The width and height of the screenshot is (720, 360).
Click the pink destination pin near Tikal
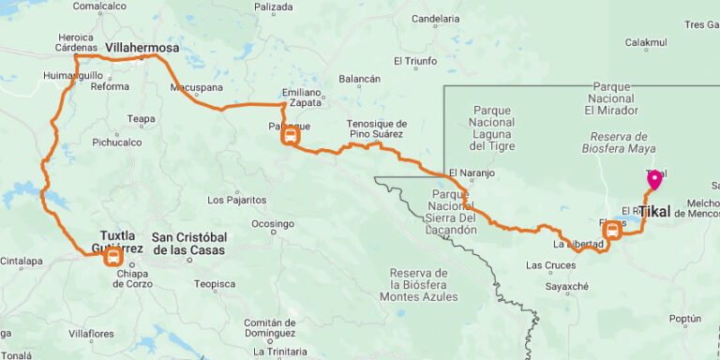654,179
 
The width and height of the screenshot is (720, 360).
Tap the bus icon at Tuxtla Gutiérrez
113,256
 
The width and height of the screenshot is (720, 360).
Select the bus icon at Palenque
291,137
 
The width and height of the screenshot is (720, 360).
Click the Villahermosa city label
142,45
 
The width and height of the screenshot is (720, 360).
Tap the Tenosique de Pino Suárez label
377,128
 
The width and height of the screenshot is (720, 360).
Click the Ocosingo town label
272,224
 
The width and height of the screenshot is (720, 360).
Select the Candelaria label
436,18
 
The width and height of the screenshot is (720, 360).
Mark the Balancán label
359,79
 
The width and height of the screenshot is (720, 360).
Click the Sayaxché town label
567,287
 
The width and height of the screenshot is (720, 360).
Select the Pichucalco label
117,142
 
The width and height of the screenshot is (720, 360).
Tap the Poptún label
685,319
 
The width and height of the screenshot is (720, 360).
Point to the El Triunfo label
415,61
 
